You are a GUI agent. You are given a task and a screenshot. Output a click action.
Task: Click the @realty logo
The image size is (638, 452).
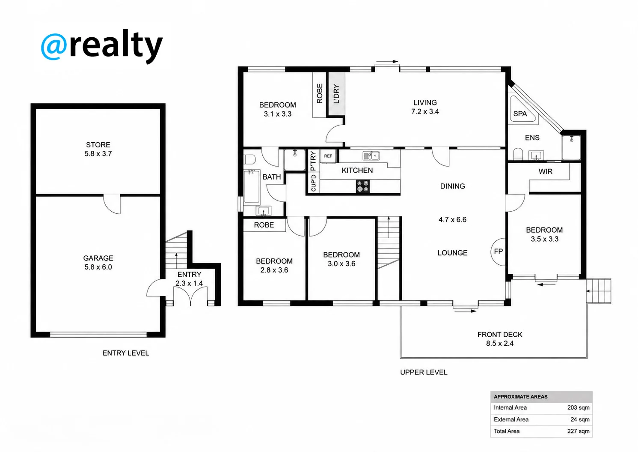pos(102,46)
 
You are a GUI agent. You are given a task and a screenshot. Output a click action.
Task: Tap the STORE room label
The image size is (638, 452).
pos(98,145)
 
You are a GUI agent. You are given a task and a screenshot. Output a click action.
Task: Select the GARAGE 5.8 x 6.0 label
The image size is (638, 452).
pos(98,263)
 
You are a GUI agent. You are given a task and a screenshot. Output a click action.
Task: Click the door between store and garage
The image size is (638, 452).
pos(112,204)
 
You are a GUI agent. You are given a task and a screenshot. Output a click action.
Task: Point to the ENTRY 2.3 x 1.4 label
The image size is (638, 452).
pos(189,279)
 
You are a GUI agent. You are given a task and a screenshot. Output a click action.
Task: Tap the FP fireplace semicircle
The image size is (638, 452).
pos(498,251)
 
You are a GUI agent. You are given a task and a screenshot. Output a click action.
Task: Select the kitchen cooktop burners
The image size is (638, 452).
pos(362,186)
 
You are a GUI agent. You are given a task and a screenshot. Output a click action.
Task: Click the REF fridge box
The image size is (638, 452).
pos(328,156)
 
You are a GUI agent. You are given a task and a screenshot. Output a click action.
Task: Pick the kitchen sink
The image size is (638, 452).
pos(371,156)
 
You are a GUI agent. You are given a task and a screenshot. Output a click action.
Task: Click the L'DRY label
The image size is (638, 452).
pos(336,94)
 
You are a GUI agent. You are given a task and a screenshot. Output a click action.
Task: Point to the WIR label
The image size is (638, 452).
pos(546,171)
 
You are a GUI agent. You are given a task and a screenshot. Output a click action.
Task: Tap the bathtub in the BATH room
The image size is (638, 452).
pos(252,186)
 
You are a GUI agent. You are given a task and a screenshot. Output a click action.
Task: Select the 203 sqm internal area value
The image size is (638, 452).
pos(578,407)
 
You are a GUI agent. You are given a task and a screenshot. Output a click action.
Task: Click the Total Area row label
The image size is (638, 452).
pos(506,431)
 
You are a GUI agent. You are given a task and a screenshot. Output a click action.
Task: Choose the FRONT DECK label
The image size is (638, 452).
pos(500,335)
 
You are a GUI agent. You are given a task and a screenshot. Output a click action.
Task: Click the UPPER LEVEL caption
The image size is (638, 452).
pos(424,372)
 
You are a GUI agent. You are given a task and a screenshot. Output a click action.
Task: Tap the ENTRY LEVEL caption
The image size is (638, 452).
pos(126,353)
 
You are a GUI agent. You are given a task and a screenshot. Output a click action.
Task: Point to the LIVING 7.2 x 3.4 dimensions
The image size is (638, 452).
pos(425,111)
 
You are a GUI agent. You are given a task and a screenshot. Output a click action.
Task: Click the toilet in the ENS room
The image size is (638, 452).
pos(518,154)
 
